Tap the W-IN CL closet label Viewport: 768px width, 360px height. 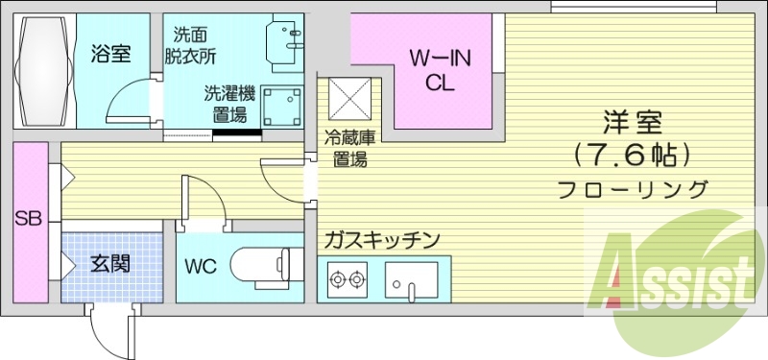(x=441, y=70)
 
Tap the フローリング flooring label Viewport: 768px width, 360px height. (x=634, y=189)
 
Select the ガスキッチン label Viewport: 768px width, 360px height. (x=382, y=239)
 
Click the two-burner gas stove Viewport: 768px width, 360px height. (x=348, y=282)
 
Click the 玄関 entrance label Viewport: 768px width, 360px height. (x=111, y=263)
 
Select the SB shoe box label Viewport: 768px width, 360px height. (x=28, y=219)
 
